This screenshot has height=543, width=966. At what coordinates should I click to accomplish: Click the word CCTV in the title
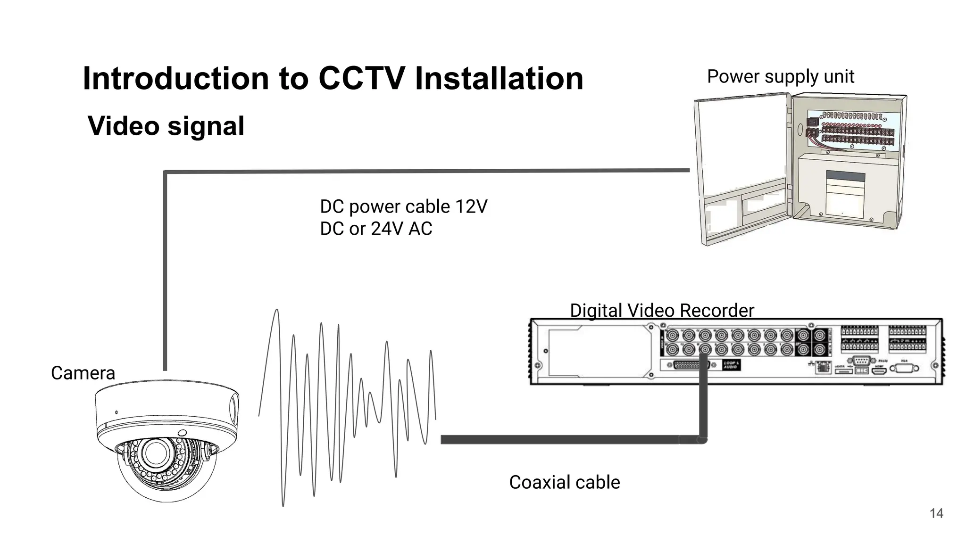(x=361, y=78)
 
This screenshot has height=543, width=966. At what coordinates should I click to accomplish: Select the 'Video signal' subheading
(x=166, y=126)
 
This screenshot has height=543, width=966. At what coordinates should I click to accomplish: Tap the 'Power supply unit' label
(x=780, y=76)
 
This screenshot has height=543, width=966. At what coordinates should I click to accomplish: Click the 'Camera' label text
(x=83, y=373)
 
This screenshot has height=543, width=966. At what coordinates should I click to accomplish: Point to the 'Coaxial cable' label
(x=564, y=483)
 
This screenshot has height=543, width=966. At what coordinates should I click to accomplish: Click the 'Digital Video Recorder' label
(x=662, y=311)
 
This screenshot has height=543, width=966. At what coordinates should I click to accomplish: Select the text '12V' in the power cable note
(x=471, y=207)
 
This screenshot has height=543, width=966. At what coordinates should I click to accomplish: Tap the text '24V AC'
(x=401, y=229)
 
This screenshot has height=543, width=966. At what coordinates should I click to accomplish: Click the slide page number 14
(x=936, y=513)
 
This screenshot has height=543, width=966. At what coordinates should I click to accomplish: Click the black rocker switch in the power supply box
(x=812, y=122)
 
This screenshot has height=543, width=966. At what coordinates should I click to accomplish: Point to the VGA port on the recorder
(x=904, y=369)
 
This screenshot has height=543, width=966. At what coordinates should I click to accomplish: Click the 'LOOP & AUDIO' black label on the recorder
(x=731, y=365)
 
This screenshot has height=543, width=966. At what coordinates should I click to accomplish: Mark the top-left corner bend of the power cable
(x=166, y=173)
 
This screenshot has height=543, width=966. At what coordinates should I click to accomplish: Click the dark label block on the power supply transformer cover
(x=845, y=177)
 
